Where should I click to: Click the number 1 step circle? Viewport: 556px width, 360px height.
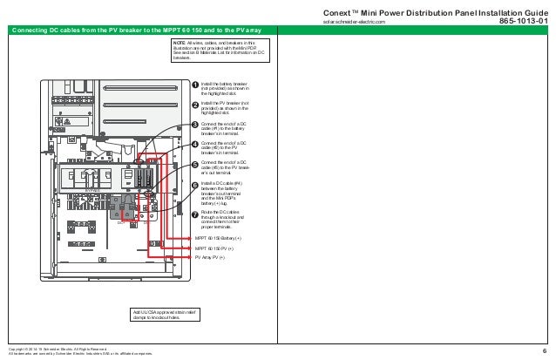(195, 85)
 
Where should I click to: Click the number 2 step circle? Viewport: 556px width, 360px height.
(195, 105)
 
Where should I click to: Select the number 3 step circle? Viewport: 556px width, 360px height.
(195, 126)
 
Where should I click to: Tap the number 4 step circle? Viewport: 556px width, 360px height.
(195, 144)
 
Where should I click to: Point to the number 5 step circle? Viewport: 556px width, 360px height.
(195, 164)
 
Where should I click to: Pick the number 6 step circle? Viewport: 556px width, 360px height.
(195, 185)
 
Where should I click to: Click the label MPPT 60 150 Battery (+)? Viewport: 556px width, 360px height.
(219, 238)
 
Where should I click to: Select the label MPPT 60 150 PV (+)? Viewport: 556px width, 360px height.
(214, 248)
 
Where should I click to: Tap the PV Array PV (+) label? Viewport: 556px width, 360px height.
(210, 258)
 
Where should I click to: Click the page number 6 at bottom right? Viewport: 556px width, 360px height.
(544, 351)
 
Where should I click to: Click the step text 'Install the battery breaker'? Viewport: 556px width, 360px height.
(224, 82)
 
